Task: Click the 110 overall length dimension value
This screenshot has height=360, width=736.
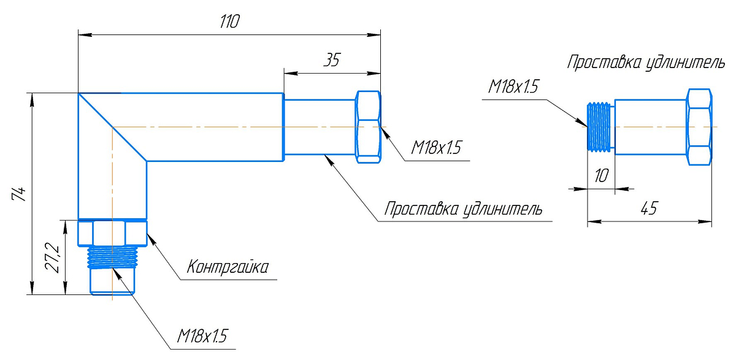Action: [229, 21]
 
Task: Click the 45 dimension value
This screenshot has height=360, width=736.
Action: [648, 209]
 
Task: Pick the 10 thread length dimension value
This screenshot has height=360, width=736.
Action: [601, 176]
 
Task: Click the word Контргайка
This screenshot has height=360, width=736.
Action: [228, 267]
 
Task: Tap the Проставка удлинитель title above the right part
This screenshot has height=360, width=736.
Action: [646, 63]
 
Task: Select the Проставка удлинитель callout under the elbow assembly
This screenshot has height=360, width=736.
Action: [462, 209]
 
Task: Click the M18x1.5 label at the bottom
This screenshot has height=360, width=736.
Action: [202, 336]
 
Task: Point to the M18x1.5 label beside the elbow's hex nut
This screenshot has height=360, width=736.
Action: [436, 148]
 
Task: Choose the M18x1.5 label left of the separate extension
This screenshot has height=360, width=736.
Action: [513, 87]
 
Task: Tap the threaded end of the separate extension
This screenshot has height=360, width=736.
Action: [600, 127]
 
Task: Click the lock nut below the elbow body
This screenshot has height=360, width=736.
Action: [113, 232]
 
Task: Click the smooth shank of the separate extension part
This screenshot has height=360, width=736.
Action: [650, 127]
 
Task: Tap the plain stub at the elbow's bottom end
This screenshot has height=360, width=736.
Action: [112, 282]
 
